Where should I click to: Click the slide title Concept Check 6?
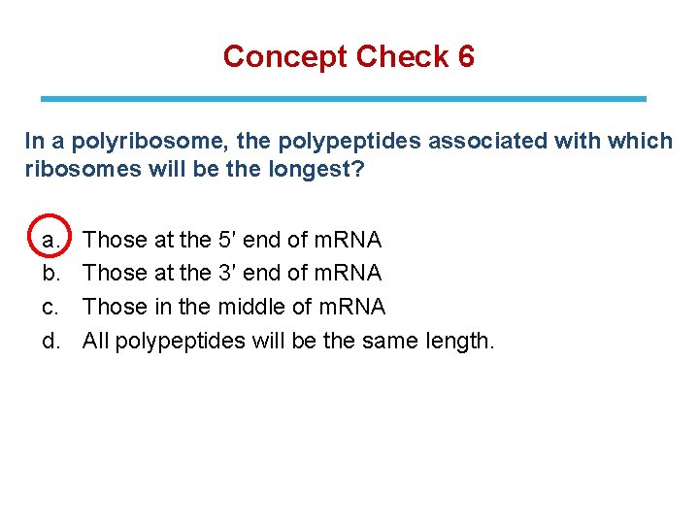349,56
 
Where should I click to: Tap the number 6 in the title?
465,56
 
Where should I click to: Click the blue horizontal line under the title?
343,98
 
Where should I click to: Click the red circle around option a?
50,237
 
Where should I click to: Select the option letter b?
50,273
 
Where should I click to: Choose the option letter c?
50,307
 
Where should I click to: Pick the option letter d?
50,341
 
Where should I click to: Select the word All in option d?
95,341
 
